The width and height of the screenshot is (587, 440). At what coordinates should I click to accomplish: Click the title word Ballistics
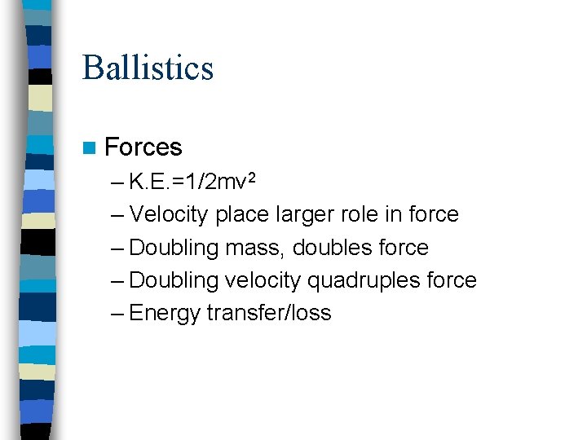coord(148,68)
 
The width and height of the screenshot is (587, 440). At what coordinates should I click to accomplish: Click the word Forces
coord(143,147)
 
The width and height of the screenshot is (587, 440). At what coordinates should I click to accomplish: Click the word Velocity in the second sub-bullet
coord(168,214)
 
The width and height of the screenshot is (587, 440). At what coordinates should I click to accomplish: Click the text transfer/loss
coord(269,313)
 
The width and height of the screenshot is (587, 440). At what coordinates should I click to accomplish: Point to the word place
coord(235,214)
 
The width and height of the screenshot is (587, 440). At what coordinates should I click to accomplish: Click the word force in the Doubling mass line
coord(404,248)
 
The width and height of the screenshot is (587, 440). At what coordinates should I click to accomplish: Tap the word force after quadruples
coord(452,280)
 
